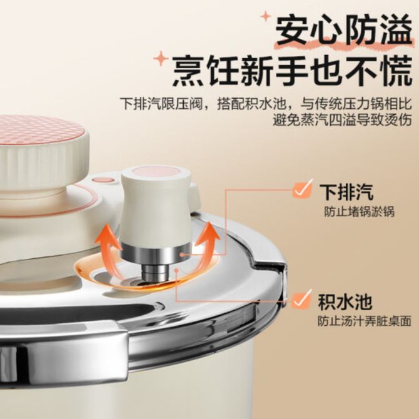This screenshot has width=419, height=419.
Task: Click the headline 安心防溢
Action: pos(343,29)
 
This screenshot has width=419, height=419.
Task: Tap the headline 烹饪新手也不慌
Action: pos(292,70)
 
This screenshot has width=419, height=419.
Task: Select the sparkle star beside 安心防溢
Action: pos(266,16)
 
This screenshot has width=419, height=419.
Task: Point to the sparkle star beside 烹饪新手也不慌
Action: pos(161,58)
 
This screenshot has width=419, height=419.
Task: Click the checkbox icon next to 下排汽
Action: pos(302,189)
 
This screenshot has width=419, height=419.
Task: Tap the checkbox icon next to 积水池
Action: pos(301,300)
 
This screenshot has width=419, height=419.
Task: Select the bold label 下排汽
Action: pos(346,192)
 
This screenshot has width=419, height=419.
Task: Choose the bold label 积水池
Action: pos(345,302)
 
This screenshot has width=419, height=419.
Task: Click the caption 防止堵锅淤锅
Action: pos(359,212)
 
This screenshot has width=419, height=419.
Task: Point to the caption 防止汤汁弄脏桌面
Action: pos(364,321)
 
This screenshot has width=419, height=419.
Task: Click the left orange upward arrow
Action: pos(109,247)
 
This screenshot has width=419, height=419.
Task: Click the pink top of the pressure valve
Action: pos(157,172)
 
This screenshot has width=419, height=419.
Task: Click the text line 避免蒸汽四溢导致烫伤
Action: pos(342,120)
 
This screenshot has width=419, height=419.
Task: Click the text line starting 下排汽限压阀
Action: pos(266,103)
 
